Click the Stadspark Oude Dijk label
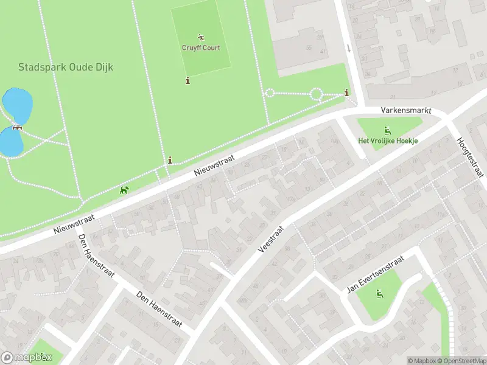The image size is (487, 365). coord(65,68)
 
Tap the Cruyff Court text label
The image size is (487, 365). coord(201,47)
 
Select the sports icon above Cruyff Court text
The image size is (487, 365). coord(201,38)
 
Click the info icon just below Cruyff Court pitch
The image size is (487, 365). coord(187,80)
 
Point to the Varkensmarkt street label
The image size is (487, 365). coord(405,111)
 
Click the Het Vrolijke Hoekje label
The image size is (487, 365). coord(388,141)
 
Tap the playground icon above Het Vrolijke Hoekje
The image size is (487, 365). coord(387,130)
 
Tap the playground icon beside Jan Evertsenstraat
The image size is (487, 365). coord(379,294)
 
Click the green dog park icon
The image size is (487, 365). coord(125,190)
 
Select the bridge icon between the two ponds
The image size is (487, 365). coord(16,128)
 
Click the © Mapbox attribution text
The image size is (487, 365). coord(422,361)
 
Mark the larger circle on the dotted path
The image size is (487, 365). coord(316,94)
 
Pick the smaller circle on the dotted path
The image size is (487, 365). coord(269,93)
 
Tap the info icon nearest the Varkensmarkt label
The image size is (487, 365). coord(346,92)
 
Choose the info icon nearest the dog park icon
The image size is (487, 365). coord(170,160)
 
